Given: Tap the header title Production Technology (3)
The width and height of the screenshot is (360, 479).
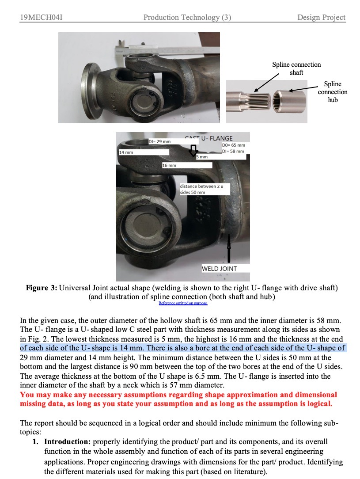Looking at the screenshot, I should click(187, 18).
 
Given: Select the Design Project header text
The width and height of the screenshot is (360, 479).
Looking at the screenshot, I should click(321, 18).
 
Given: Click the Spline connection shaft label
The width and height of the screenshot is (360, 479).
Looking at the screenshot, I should click(296, 68).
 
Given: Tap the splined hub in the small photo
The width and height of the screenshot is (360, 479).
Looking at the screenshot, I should click(289, 101).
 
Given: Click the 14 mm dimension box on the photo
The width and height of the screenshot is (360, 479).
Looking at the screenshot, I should click(126, 152).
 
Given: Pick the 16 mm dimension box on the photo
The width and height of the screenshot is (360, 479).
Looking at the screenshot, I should click(169, 165).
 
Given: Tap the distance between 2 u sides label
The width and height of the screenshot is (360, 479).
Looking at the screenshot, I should click(201, 189).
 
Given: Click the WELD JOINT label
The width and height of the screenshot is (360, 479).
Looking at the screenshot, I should click(219, 268).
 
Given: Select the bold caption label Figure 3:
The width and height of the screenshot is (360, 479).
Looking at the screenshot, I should click(42, 288).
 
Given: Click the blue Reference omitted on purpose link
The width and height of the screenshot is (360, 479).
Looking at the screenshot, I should click(182, 303).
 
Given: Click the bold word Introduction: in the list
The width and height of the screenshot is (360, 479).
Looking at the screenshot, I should click(68, 441).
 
